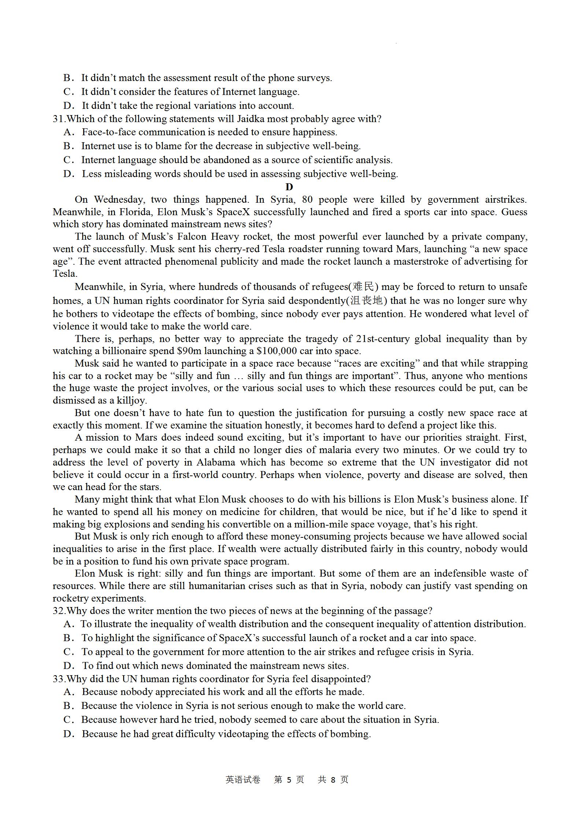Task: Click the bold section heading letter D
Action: pyautogui.click(x=289, y=187)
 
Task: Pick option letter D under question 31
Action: pyautogui.click(x=69, y=174)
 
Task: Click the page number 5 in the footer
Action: pyautogui.click(x=289, y=780)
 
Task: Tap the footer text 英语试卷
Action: pyautogui.click(x=243, y=780)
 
